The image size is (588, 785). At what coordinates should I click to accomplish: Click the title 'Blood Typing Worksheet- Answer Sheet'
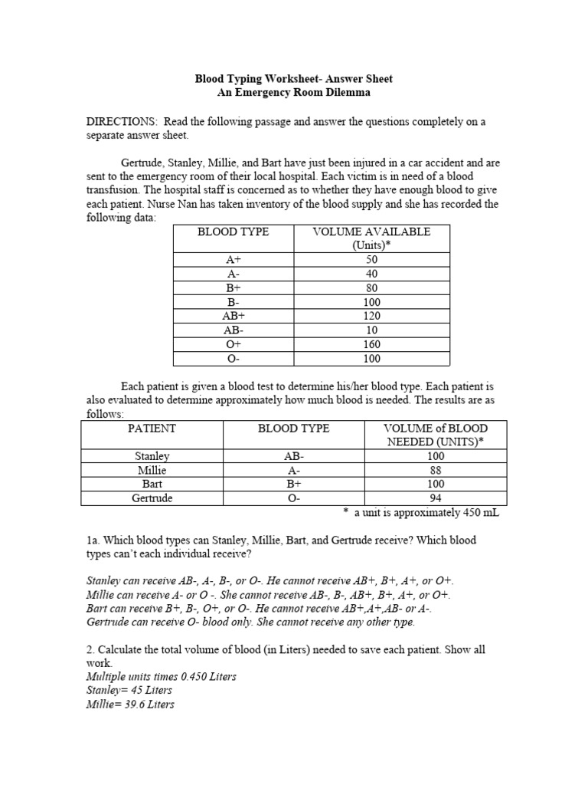pos(294,79)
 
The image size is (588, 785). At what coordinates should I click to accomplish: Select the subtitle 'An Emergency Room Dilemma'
pos(294,93)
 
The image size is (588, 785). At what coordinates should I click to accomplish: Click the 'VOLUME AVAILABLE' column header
pos(371,232)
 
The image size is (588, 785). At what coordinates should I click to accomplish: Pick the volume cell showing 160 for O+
pos(371,344)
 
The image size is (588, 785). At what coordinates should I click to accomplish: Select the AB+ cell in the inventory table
pos(234,316)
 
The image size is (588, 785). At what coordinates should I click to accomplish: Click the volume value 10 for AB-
pos(371,330)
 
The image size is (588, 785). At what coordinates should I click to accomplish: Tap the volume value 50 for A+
pos(371,260)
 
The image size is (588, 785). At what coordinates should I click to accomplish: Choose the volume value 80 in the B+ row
pos(371,288)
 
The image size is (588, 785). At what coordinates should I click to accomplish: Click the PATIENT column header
pos(152,429)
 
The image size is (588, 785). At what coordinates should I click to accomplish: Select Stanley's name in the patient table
pos(152,456)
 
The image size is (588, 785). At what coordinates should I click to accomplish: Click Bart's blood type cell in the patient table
pos(293,484)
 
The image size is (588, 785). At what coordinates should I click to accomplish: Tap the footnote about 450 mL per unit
pos(420,513)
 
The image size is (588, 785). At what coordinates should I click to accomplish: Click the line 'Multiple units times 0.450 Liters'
pos(162,677)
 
